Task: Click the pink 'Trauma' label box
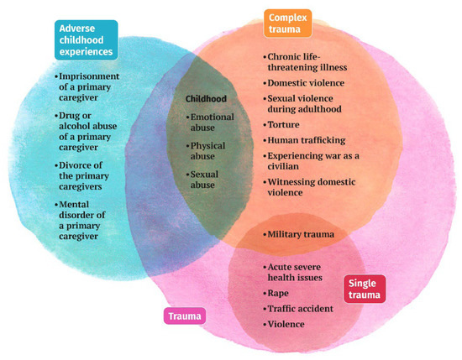click(x=183, y=316)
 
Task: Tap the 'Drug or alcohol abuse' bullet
click(x=88, y=127)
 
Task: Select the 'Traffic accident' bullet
click(x=301, y=308)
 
